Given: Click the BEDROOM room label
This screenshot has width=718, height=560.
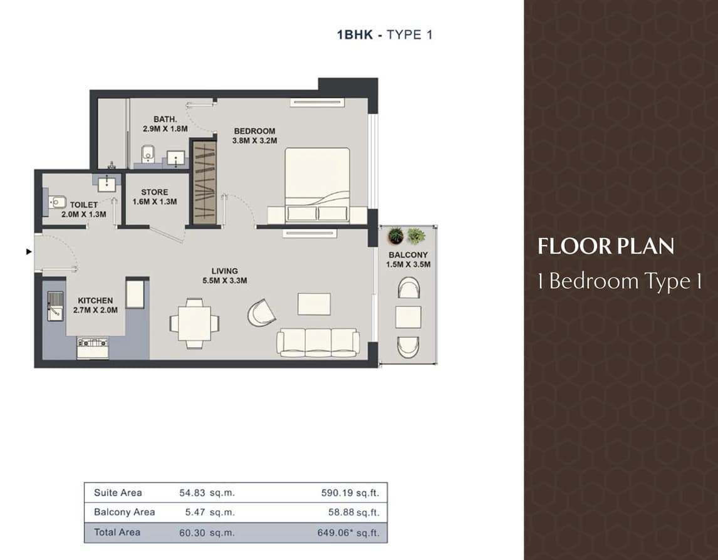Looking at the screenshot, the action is coord(254,131).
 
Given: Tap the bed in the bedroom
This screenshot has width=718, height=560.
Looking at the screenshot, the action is coord(317,186).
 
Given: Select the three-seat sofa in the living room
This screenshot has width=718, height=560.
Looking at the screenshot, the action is coord(318,342).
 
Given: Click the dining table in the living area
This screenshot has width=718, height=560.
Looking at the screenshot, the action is coord(195,323).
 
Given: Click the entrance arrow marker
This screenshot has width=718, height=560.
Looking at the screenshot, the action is coord(29,251).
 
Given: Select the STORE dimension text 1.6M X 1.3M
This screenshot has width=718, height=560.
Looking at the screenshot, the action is coord(155,202).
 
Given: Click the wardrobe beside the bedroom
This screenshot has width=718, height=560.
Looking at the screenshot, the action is coord(204,183).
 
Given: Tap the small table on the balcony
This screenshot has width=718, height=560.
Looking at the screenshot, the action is coord(408,318).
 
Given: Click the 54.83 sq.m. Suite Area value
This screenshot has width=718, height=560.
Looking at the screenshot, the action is coord(207,493).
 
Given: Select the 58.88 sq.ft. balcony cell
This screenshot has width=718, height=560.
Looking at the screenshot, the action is coord(354,512).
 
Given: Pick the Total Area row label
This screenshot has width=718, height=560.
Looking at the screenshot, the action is coord(117,532).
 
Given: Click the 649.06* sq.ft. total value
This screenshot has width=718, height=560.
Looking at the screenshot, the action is coord(348,533).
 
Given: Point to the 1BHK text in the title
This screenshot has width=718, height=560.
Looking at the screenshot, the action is coord(355,35).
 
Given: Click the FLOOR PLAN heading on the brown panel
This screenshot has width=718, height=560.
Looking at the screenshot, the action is coord(606,246).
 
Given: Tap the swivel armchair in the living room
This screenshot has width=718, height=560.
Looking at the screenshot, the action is coord(263,313).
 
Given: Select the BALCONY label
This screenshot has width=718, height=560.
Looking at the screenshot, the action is coord(408,254).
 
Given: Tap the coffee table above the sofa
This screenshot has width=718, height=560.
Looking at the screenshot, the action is coord(314,304).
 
